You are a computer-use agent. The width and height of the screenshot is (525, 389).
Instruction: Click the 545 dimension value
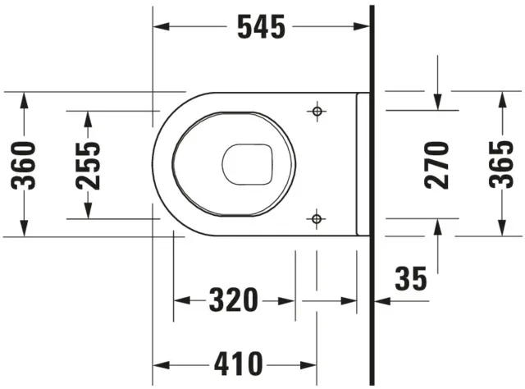[x=262, y=27]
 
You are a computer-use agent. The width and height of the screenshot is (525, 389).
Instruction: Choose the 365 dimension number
[x=501, y=164]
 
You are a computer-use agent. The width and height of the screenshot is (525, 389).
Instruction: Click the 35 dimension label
[x=410, y=279]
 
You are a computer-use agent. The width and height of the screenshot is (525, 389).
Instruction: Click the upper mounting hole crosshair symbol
[x=317, y=112]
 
